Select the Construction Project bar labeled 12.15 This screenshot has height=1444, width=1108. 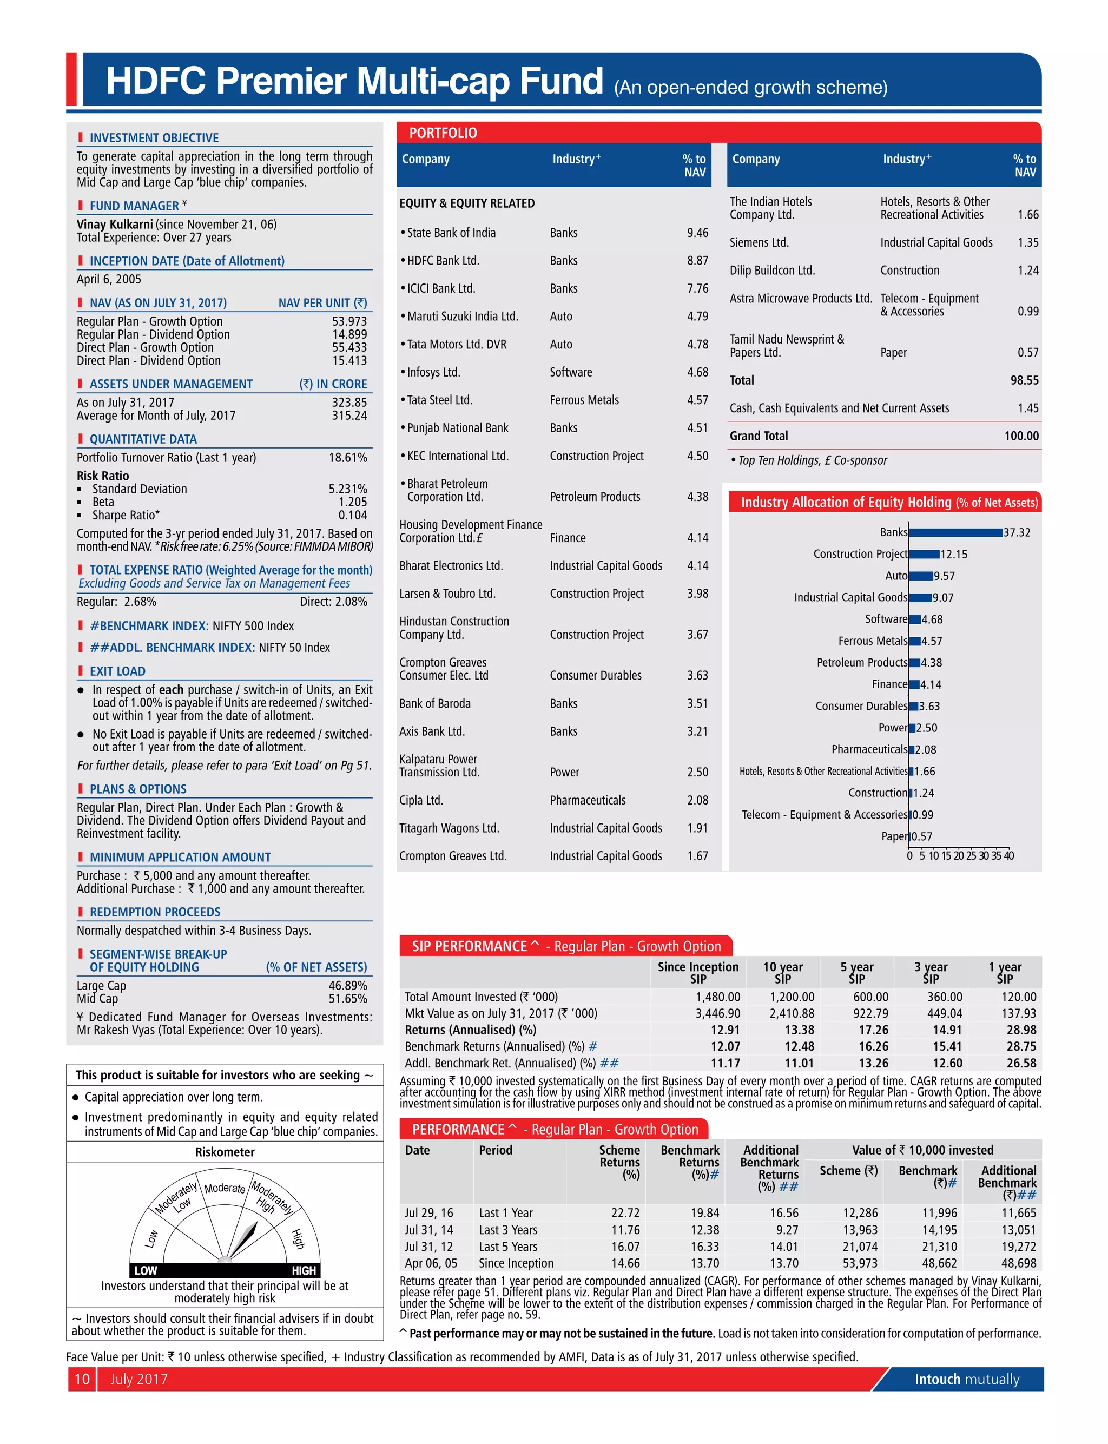click(x=924, y=554)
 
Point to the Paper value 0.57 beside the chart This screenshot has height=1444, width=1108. click(x=922, y=836)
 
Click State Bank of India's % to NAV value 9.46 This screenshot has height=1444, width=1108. click(x=697, y=233)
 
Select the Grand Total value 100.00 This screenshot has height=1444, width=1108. click(x=1021, y=436)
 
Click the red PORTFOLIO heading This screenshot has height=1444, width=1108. click(x=443, y=133)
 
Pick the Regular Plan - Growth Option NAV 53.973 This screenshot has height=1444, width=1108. click(x=349, y=321)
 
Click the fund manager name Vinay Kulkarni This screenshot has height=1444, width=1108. click(x=115, y=224)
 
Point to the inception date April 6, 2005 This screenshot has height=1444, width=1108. click(x=109, y=279)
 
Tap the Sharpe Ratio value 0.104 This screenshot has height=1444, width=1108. click(x=352, y=515)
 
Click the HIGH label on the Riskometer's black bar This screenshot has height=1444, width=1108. click(x=304, y=1270)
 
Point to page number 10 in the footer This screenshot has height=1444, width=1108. click(x=82, y=1379)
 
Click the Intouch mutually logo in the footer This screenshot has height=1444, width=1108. click(x=966, y=1379)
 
